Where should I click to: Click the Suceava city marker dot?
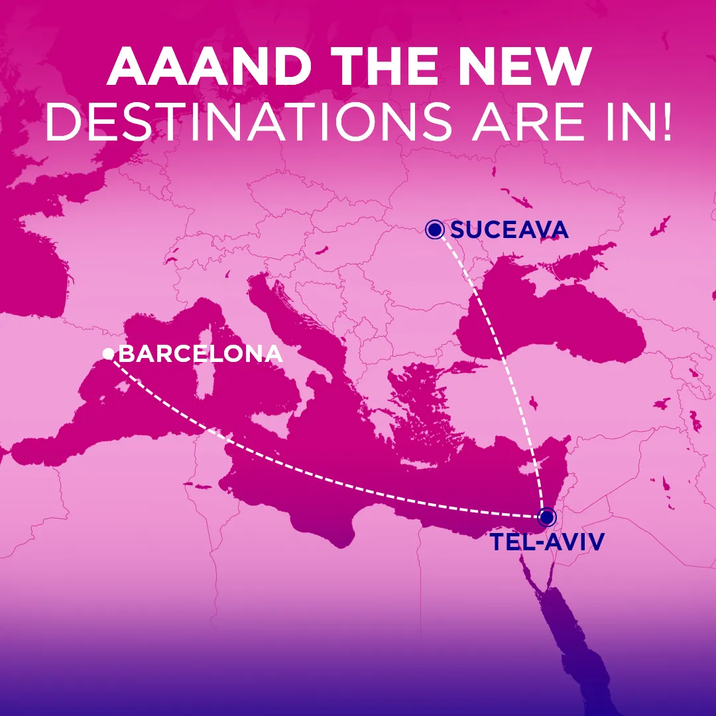click(x=435, y=230)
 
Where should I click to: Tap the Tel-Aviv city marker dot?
click(x=546, y=516)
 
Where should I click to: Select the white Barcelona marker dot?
click(x=108, y=355)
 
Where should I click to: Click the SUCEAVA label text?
click(x=509, y=230)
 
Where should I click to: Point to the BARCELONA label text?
click(x=200, y=354)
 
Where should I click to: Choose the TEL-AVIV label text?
click(x=548, y=542)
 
